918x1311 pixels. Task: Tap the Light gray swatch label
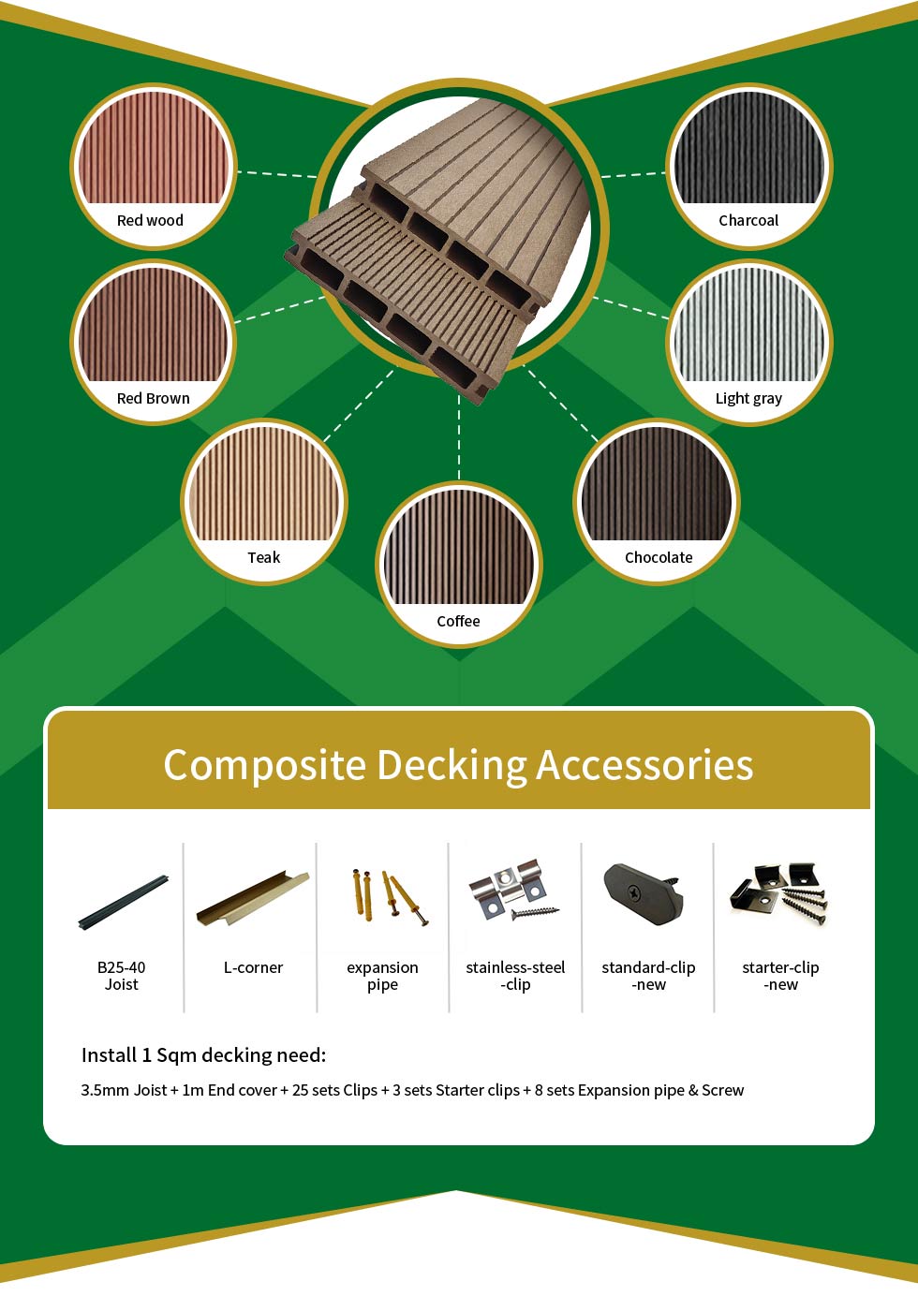[x=748, y=399]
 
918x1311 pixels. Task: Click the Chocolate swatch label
[x=658, y=557]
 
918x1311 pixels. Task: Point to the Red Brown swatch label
[x=154, y=398]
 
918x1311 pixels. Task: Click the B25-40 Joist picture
[x=123, y=902]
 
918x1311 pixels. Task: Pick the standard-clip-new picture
[x=643, y=893]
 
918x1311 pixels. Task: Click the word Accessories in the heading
[x=644, y=765]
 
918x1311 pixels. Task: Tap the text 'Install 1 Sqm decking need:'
[x=204, y=1054]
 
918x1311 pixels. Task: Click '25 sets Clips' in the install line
[x=335, y=1090]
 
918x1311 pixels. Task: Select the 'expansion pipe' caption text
[x=382, y=976]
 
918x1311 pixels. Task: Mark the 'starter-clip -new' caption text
[x=780, y=976]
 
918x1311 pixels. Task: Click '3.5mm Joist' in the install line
[x=124, y=1090]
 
